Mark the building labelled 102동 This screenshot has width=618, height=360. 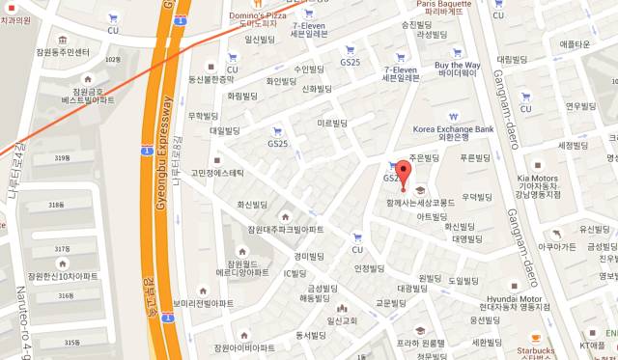tap(113, 61)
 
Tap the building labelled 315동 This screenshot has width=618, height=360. tap(71, 342)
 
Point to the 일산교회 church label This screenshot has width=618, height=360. tap(344, 320)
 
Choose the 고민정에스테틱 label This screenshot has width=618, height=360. tap(217, 173)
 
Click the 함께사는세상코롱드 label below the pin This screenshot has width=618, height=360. tap(420, 204)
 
